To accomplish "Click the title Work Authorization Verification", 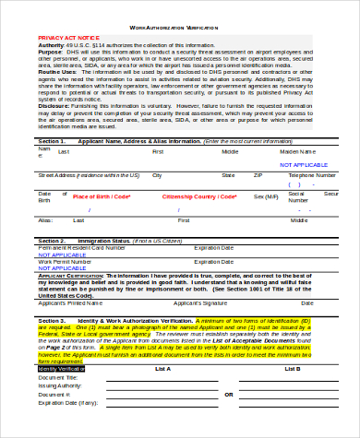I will [x=180, y=28].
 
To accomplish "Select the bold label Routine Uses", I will [x=57, y=95].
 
